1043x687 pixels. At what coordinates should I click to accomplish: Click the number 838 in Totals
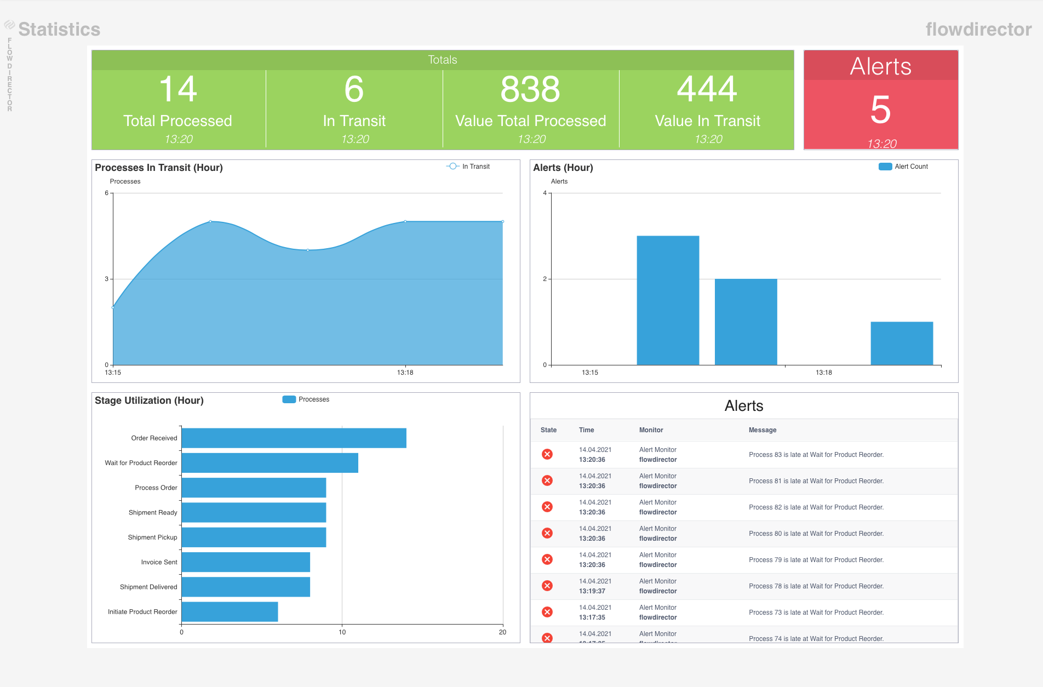coord(530,89)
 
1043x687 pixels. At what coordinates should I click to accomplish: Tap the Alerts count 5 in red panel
coord(880,110)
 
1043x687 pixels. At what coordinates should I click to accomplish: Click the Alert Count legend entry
coord(903,167)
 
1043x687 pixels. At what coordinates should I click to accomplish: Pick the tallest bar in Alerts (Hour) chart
coord(668,300)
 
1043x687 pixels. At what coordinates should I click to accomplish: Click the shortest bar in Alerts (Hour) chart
coord(902,343)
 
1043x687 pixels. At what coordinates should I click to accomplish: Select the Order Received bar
coord(294,438)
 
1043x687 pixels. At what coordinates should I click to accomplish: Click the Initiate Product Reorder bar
coord(230,612)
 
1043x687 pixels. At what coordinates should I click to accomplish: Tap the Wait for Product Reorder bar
coord(270,463)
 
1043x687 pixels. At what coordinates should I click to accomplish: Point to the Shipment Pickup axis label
coord(152,537)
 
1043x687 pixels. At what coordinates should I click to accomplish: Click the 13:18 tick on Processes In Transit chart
coord(405,373)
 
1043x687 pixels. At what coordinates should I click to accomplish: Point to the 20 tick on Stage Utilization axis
coord(502,632)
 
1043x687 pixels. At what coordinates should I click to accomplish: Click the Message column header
coord(763,430)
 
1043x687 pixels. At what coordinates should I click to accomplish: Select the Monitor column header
coord(651,430)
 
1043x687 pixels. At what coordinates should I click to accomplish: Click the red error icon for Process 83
coord(547,454)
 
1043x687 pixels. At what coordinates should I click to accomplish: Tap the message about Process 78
coord(816,586)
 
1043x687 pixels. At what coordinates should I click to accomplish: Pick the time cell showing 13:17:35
coord(592,617)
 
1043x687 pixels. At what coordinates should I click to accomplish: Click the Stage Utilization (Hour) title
coord(149,400)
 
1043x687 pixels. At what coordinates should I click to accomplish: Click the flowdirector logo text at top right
coord(978,29)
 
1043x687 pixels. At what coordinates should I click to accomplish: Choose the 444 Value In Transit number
coord(707,89)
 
